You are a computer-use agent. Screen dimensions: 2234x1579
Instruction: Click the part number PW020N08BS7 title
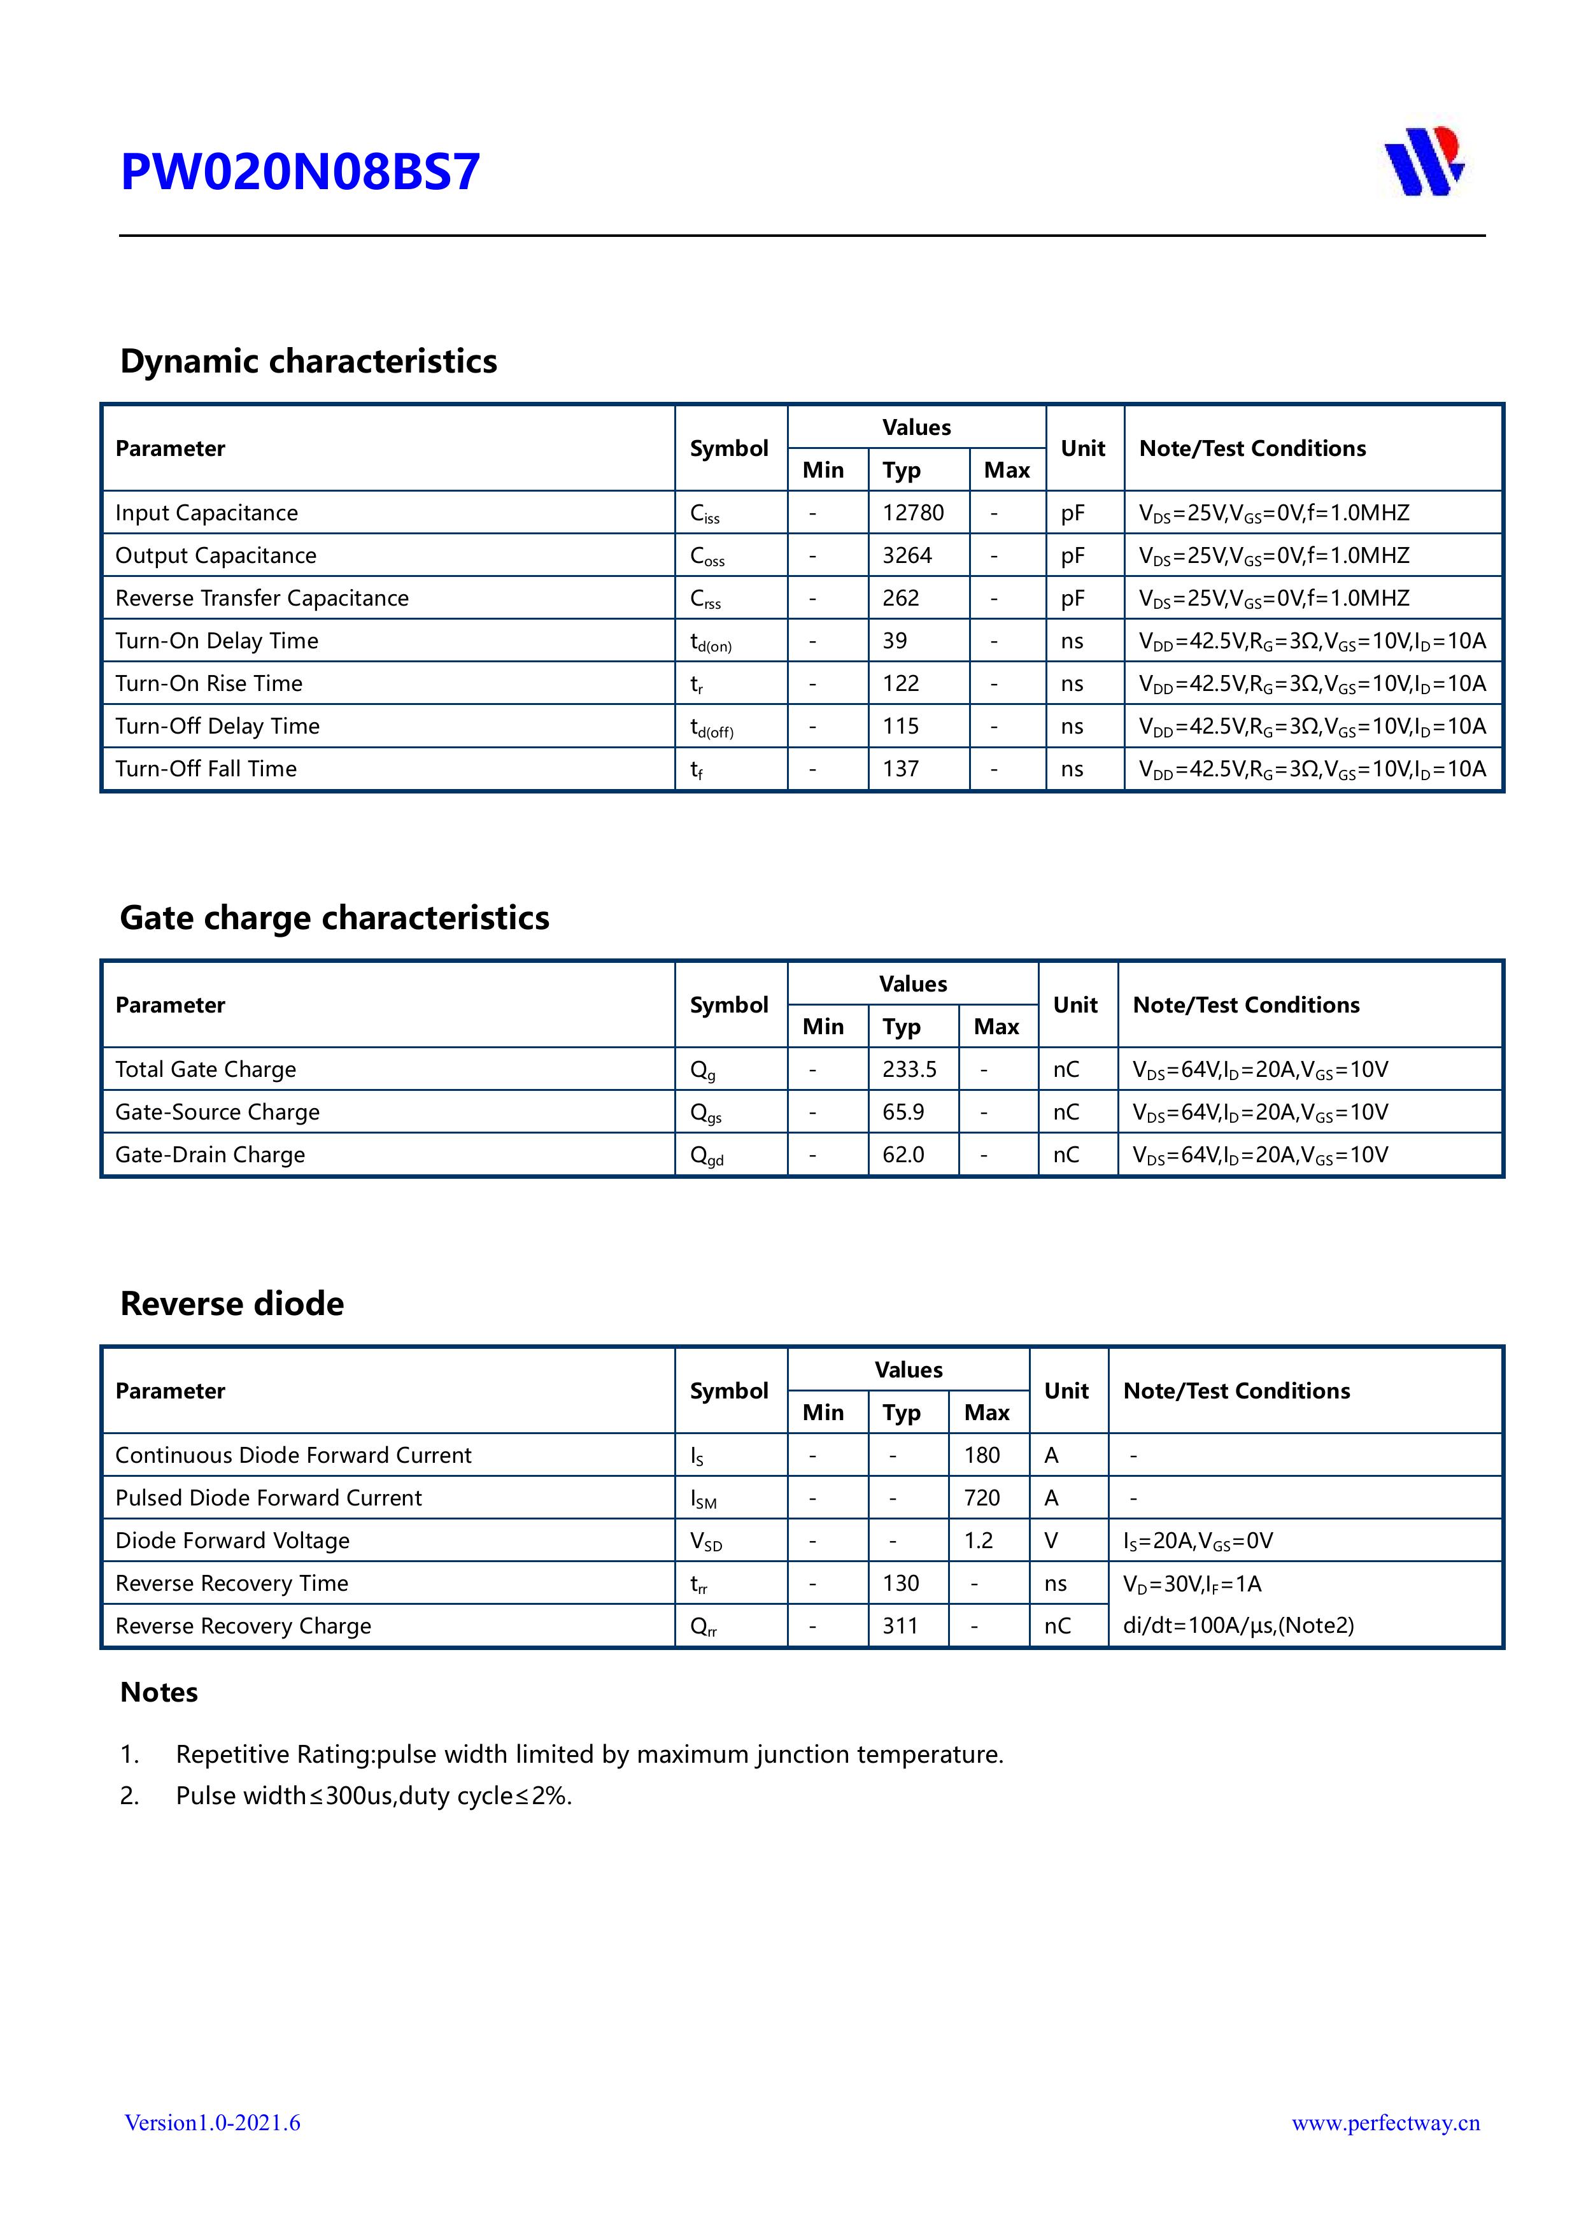(300, 172)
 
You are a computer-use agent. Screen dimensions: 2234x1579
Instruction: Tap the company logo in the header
(1424, 162)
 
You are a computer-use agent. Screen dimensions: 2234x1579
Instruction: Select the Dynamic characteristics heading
(308, 361)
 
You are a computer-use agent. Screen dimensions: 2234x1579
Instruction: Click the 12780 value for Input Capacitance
(912, 513)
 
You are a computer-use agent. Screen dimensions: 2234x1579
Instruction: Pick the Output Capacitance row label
(216, 555)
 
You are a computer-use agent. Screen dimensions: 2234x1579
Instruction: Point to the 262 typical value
(901, 599)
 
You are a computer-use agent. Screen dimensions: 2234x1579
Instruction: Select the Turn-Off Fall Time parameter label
(206, 769)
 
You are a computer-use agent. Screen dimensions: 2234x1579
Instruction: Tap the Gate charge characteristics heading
(335, 918)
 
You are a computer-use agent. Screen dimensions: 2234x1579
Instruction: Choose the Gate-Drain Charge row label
(210, 1155)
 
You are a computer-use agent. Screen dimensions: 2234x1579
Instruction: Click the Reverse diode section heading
(232, 1304)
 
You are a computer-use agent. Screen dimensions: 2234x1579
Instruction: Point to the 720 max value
(982, 1497)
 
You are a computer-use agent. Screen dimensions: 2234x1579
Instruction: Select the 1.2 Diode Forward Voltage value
(979, 1540)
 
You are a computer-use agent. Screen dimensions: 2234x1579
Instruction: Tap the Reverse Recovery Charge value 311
(900, 1626)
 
